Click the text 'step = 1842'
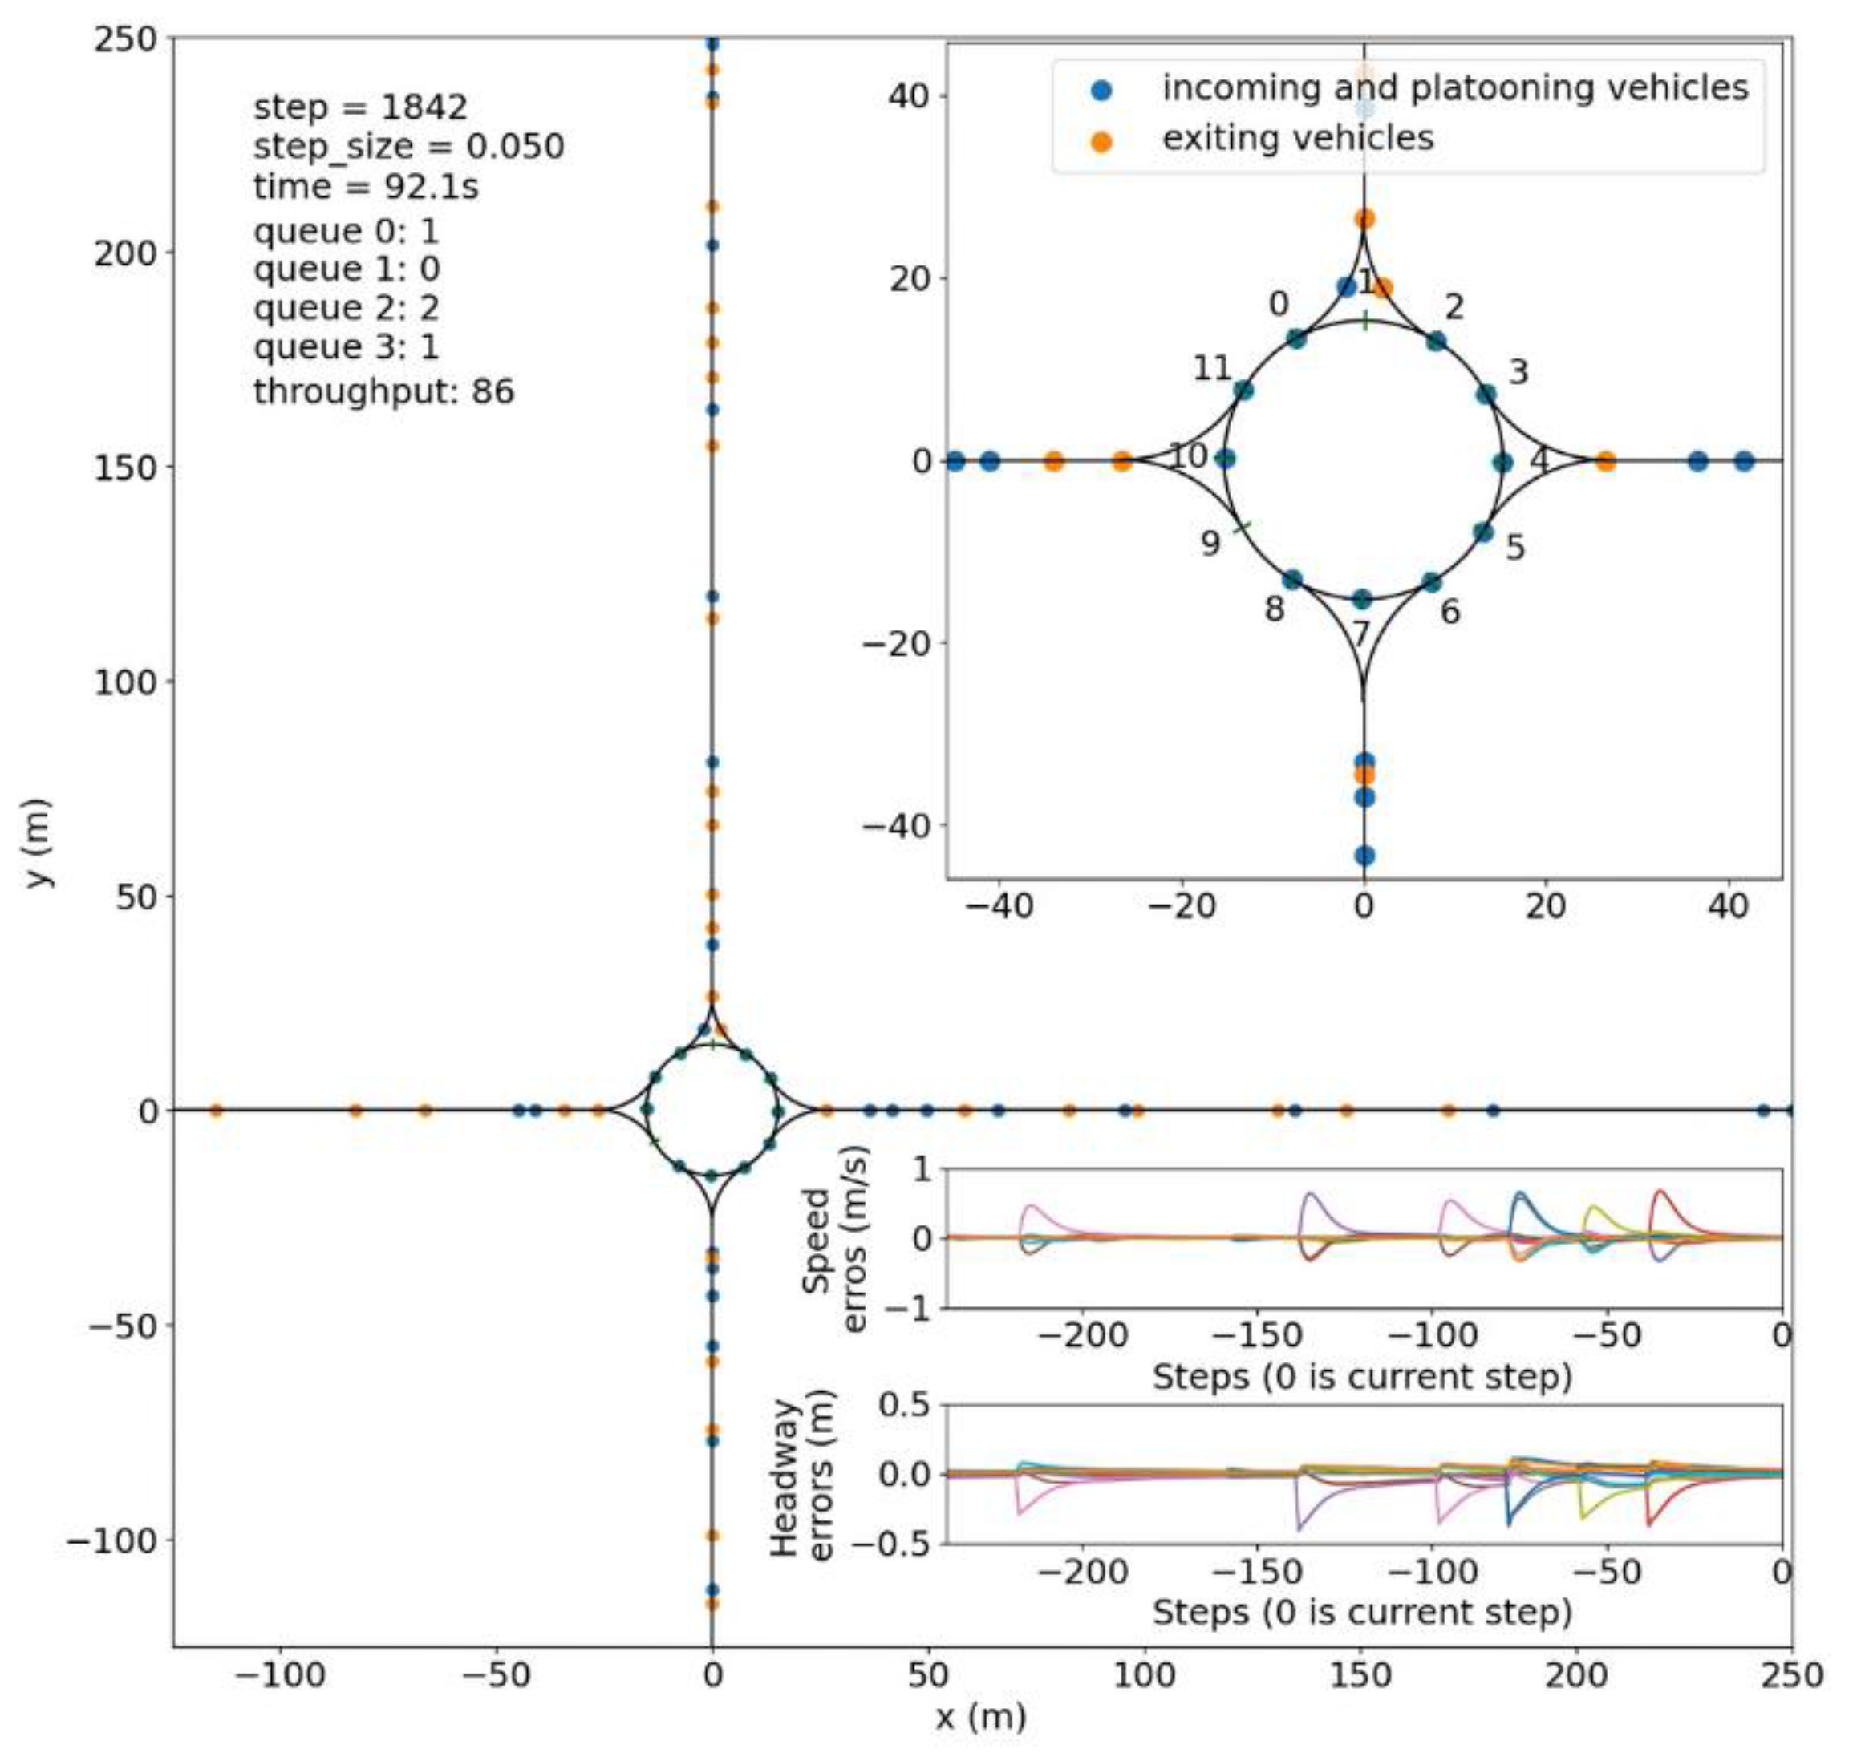360,108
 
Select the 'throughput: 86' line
384,391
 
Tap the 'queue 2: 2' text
347,309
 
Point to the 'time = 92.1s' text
367,188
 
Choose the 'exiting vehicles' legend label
1298,139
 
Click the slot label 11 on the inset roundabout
1211,369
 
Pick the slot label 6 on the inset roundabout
1449,612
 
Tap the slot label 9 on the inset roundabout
1211,544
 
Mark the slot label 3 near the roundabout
1518,373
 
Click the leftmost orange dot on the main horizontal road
216,1111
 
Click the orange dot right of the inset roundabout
1606,461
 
